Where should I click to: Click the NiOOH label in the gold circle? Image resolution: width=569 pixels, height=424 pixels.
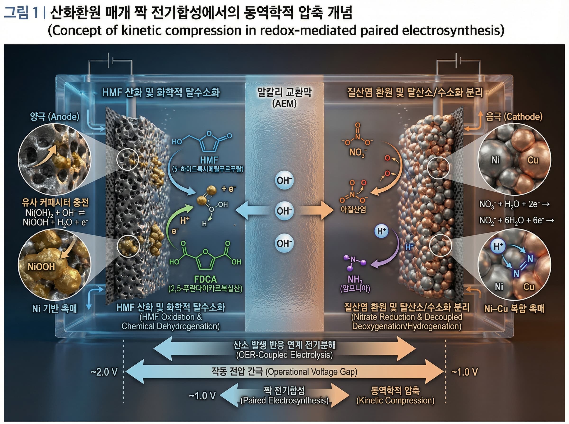41,267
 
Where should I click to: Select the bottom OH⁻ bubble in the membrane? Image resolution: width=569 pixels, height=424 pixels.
284,243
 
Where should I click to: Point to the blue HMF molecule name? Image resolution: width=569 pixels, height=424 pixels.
209,160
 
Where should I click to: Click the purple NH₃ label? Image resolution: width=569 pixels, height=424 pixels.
355,279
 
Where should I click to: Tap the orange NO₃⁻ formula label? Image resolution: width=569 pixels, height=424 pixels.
357,152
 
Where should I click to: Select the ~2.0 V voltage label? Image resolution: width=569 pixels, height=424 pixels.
104,372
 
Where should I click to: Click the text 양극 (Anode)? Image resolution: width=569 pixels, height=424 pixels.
55,117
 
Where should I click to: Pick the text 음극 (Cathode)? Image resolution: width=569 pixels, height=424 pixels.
514,117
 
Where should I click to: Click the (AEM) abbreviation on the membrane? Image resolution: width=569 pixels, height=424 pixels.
284,104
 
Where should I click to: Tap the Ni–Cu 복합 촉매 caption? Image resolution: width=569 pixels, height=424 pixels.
514,309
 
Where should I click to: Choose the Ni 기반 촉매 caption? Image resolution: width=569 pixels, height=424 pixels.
55,309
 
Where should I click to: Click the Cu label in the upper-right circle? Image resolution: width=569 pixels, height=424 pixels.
533,160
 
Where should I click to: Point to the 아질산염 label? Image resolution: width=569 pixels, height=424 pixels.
353,209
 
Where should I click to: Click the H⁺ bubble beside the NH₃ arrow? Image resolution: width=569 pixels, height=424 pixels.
381,231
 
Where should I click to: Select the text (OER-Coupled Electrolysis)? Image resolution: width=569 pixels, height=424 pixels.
284,355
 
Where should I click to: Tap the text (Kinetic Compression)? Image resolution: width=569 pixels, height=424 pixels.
395,400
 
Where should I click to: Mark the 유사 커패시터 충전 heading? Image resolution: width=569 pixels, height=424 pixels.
55,203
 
